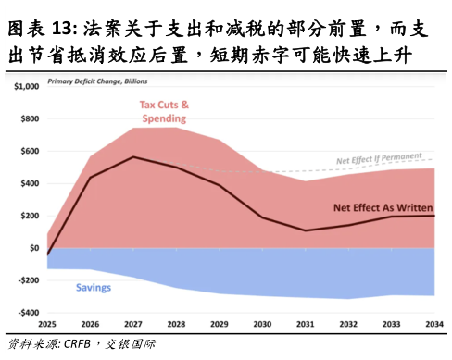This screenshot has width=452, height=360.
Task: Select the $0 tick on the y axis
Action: [x=33, y=248]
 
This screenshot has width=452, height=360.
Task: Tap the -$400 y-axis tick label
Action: [x=26, y=313]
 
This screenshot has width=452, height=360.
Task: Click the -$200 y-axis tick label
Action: [x=26, y=280]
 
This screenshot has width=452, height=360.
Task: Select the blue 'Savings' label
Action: [x=93, y=288]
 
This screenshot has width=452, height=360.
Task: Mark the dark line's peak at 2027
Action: [x=133, y=156]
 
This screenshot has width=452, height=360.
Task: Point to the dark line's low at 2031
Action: [x=306, y=230]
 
